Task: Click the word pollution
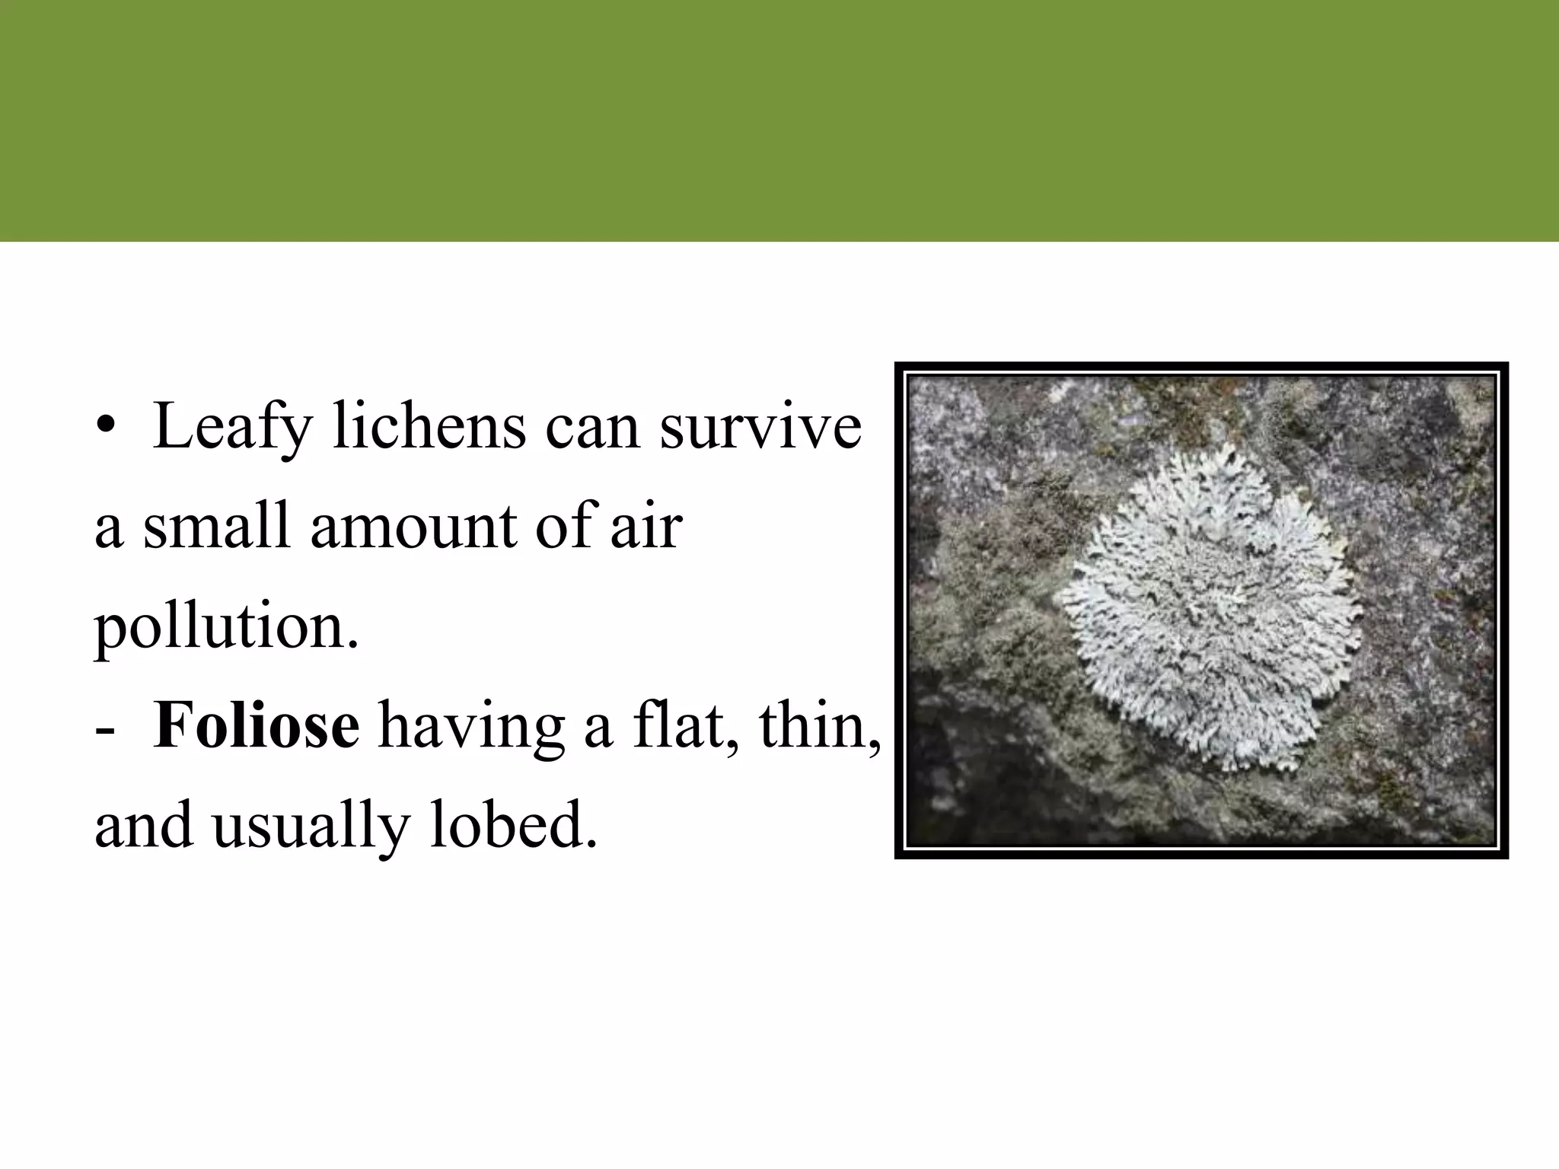225,629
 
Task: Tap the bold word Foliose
256,727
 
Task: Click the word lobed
513,827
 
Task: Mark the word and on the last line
143,827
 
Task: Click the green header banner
779,120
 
